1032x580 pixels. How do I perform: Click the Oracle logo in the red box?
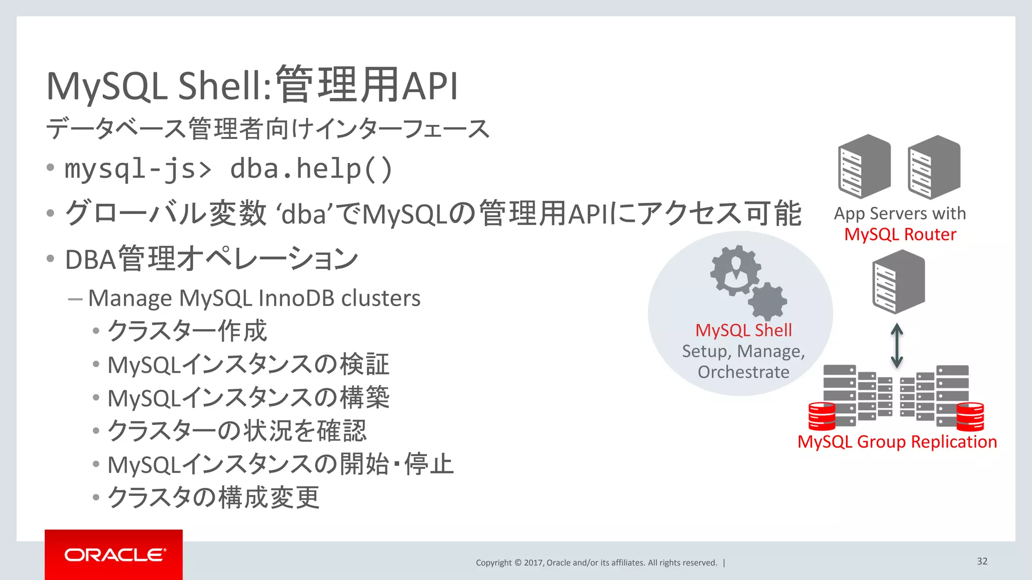click(x=114, y=555)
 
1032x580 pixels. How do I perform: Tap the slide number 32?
click(x=982, y=561)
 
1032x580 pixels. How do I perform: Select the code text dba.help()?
click(x=311, y=169)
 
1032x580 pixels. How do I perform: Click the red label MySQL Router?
click(x=900, y=235)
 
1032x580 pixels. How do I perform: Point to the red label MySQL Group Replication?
click(x=897, y=442)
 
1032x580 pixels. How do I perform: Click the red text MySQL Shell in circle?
click(x=743, y=330)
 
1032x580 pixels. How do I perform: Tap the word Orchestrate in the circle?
click(x=743, y=372)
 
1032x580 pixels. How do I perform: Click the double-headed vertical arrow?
click(x=896, y=345)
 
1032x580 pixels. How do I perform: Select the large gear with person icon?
click(x=735, y=270)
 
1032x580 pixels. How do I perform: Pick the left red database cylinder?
click(x=822, y=416)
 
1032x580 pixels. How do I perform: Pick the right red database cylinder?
click(x=970, y=417)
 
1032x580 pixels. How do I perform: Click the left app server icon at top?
click(x=864, y=167)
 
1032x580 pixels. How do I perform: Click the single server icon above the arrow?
click(x=898, y=282)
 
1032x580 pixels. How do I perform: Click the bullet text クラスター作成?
click(x=187, y=331)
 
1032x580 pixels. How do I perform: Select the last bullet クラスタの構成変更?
click(x=214, y=497)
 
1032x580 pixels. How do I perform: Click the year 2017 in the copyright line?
click(x=533, y=563)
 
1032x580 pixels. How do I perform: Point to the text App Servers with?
click(x=900, y=213)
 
